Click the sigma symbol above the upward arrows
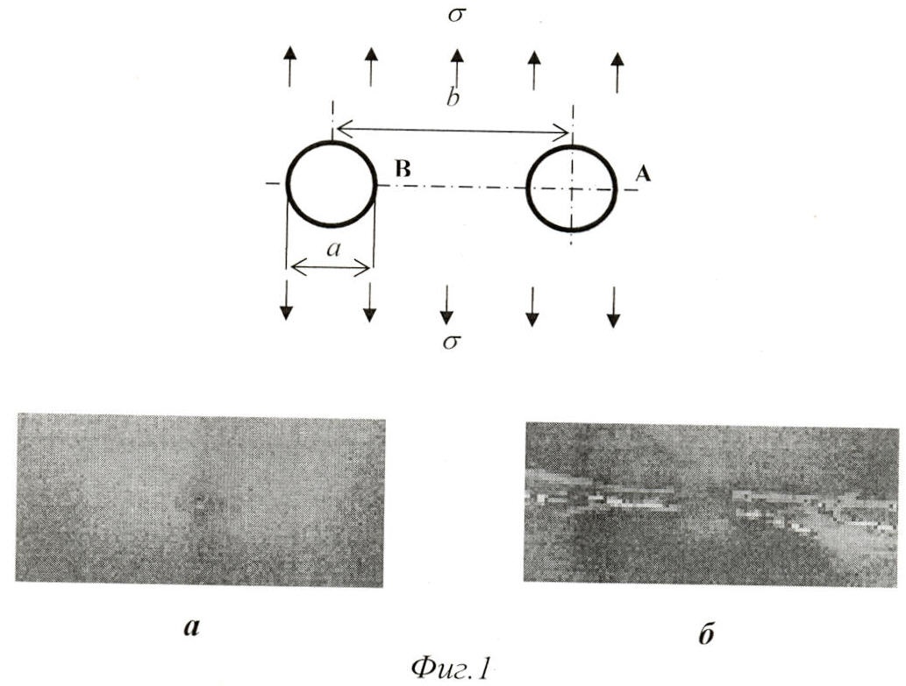[x=456, y=15]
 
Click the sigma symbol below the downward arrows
[x=452, y=343]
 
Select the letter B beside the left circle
[x=403, y=169]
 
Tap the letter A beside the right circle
[x=643, y=173]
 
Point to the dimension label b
[x=453, y=97]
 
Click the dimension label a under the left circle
[x=333, y=249]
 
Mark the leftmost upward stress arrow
[x=289, y=67]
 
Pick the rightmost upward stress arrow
[x=617, y=72]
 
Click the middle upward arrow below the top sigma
[x=457, y=69]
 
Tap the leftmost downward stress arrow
[x=286, y=301]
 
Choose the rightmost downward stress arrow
[x=614, y=307]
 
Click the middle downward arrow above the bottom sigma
[x=446, y=304]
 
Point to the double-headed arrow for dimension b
[x=453, y=131]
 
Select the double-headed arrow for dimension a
[x=331, y=267]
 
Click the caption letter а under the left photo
[x=191, y=627]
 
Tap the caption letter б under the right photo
[x=705, y=633]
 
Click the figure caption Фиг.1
[x=451, y=668]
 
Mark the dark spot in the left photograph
[x=199, y=498]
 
